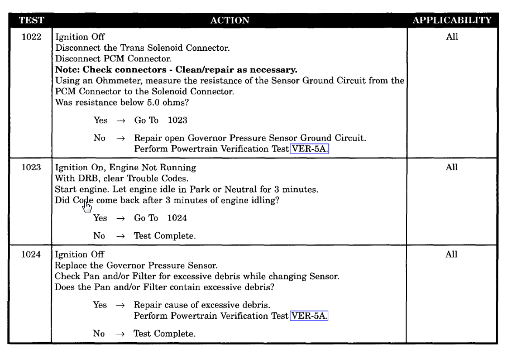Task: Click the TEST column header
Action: point(30,21)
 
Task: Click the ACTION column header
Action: point(229,21)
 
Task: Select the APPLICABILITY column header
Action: point(452,21)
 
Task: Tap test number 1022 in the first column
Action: point(30,37)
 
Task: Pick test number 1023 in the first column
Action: point(30,167)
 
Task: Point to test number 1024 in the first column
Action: point(30,255)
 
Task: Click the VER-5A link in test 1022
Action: point(309,148)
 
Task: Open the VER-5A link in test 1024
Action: point(309,316)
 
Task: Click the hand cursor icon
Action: point(87,207)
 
